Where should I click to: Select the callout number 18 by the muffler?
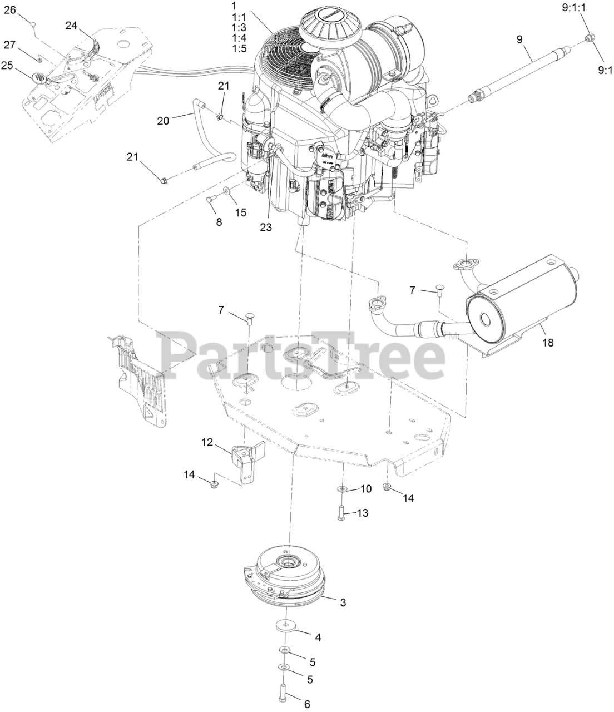click(x=548, y=343)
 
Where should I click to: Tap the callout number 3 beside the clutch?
click(x=343, y=602)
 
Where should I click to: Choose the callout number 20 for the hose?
click(x=162, y=120)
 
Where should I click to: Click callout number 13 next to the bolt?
click(x=362, y=513)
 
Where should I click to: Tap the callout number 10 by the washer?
click(x=365, y=489)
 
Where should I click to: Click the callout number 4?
click(x=318, y=637)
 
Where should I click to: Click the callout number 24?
click(x=72, y=25)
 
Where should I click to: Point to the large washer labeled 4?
click(x=285, y=626)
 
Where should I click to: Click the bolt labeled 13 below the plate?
click(x=341, y=513)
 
